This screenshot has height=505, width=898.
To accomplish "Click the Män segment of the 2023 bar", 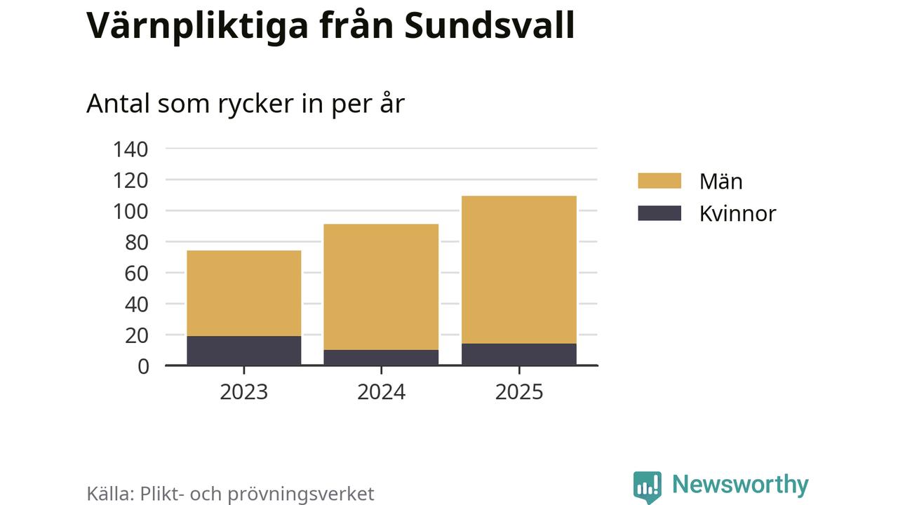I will click(x=243, y=293).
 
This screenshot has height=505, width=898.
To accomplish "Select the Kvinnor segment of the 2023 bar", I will click(x=243, y=351).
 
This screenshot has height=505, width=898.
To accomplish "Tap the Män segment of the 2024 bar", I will click(x=381, y=287).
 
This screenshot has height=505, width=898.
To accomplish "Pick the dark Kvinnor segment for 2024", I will click(x=381, y=358).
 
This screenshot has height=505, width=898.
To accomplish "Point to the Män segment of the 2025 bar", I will click(x=519, y=269).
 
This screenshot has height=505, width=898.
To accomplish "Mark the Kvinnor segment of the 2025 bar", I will click(x=519, y=354).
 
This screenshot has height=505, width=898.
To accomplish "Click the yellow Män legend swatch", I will click(x=659, y=181).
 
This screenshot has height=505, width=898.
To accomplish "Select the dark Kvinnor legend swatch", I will click(x=659, y=213).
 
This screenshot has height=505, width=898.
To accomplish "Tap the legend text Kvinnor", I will click(x=737, y=213).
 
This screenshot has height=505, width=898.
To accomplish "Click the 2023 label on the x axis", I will click(x=243, y=391).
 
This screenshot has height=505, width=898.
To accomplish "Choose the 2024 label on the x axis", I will click(x=381, y=391).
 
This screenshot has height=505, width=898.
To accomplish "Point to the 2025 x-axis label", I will click(x=519, y=391).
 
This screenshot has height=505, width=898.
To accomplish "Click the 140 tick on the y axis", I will click(x=130, y=149).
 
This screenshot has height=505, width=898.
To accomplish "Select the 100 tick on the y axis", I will click(x=130, y=211).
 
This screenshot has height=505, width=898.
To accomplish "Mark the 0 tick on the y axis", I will click(x=143, y=366).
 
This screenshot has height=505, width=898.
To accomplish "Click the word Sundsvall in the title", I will click(x=490, y=25).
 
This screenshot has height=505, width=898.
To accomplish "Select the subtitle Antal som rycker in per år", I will click(x=246, y=104).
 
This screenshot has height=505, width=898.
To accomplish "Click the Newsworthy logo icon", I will click(x=647, y=486).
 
